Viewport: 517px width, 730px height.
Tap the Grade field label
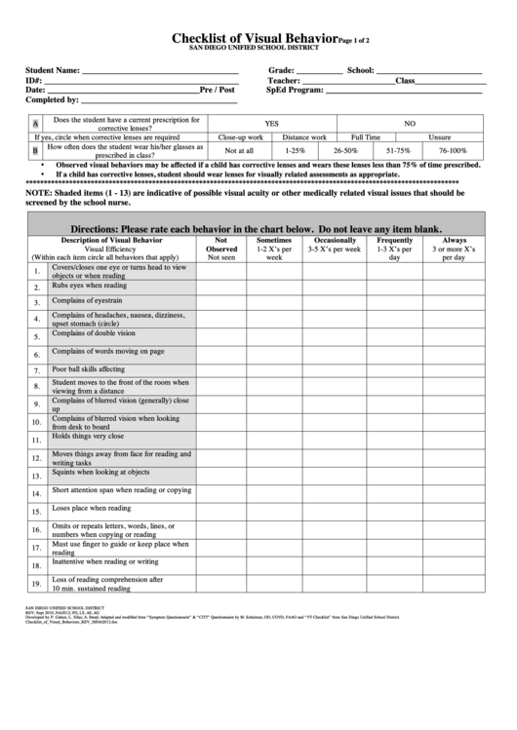(281, 71)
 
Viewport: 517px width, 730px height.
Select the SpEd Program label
(295, 89)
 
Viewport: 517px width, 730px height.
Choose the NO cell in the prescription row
(410, 124)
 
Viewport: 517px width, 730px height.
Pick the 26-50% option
(345, 151)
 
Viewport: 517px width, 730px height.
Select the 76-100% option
(453, 151)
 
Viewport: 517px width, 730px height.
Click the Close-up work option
(240, 137)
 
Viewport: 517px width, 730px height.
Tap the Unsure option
(439, 137)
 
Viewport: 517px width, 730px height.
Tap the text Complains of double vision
(94, 332)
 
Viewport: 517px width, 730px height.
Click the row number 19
(35, 584)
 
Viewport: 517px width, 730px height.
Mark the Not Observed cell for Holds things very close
(221, 441)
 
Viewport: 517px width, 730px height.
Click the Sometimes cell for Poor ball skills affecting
(274, 370)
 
